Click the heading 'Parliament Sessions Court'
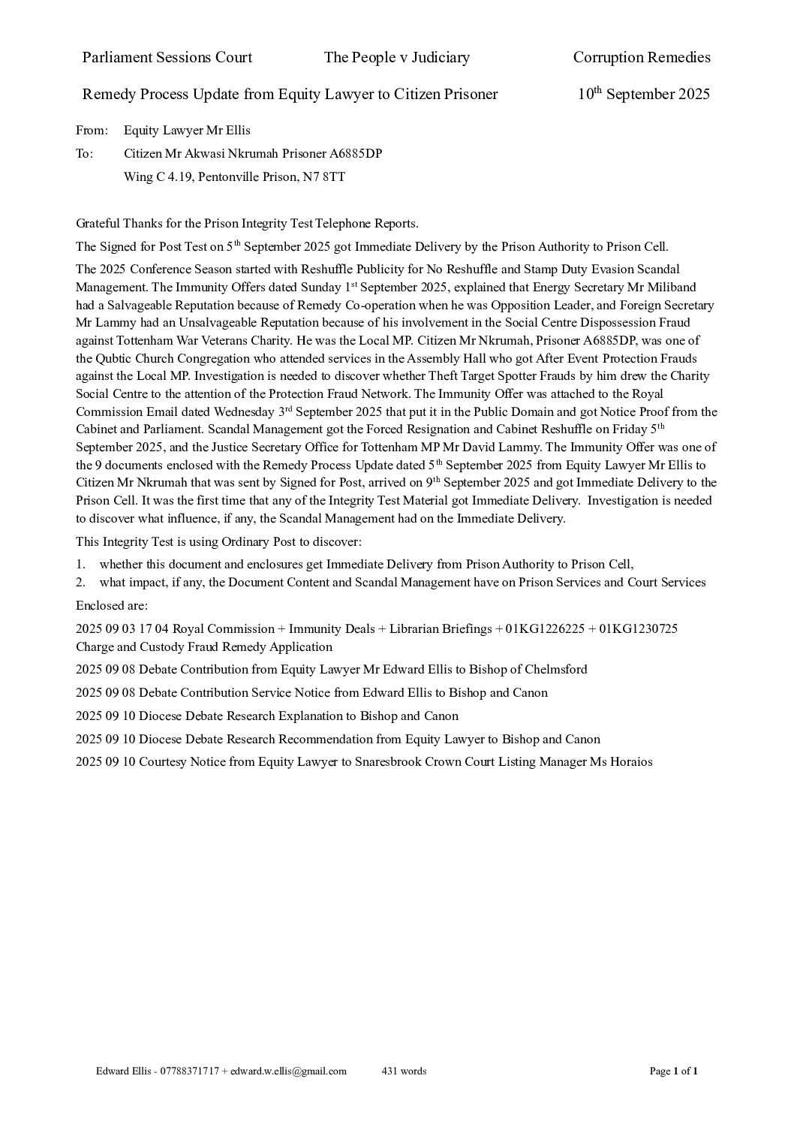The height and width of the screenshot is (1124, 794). pyautogui.click(x=167, y=57)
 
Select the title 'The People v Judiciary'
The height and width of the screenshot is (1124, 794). pyautogui.click(x=396, y=57)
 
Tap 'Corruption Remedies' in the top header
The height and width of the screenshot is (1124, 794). pyautogui.click(x=641, y=57)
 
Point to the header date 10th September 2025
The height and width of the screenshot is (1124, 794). pyautogui.click(x=643, y=94)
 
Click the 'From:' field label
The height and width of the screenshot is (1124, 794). pyautogui.click(x=92, y=130)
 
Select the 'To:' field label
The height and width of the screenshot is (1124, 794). pyautogui.click(x=84, y=154)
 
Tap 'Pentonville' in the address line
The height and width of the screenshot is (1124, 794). pyautogui.click(x=228, y=177)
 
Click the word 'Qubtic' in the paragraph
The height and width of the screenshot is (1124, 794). pyautogui.click(x=116, y=358)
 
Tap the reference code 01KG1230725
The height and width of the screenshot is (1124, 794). pyautogui.click(x=638, y=628)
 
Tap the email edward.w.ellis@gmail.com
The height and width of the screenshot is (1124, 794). pyautogui.click(x=288, y=1071)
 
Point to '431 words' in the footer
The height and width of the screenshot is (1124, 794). pyautogui.click(x=404, y=1071)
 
